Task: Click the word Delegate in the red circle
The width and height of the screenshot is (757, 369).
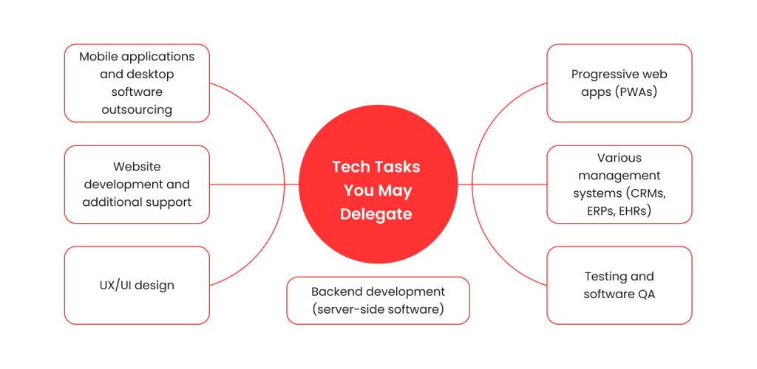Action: coord(376,214)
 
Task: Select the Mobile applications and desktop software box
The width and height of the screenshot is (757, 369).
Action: coord(137,83)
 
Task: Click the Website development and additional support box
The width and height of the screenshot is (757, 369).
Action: coord(137,184)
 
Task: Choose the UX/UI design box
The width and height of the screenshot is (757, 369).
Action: coord(137,285)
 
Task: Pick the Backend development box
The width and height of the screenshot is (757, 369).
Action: coord(378,300)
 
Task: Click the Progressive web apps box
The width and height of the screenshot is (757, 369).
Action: coord(619,83)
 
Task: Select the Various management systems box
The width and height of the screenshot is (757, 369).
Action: coord(619,184)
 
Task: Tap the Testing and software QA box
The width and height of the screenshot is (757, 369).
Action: coord(619,285)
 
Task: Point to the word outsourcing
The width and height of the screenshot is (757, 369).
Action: coord(137,110)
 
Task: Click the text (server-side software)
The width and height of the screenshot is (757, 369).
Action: coord(378,309)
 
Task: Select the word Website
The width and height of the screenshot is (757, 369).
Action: coord(137,167)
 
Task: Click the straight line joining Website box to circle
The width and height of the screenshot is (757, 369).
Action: coord(251,184)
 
